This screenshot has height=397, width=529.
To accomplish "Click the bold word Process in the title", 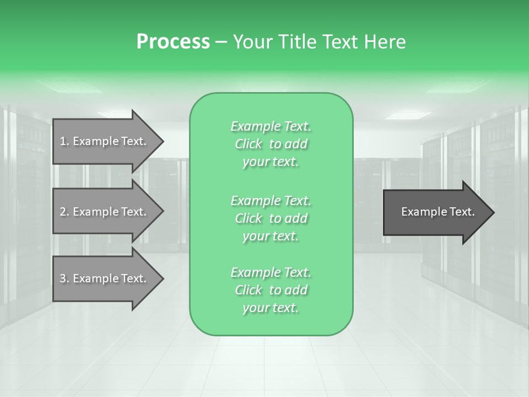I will point(173,42).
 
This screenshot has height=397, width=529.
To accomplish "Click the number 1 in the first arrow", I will point(63,141).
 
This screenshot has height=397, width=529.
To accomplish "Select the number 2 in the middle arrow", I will point(63,212).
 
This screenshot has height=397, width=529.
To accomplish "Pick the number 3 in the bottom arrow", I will point(63,278).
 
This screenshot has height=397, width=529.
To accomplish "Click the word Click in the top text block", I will point(249,144).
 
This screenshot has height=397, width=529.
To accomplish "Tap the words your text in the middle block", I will point(271,236).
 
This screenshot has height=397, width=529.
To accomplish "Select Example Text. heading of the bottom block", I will point(271,272).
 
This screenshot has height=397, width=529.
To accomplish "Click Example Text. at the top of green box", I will point(271,126).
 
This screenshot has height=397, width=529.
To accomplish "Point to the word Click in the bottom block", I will point(249,290).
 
